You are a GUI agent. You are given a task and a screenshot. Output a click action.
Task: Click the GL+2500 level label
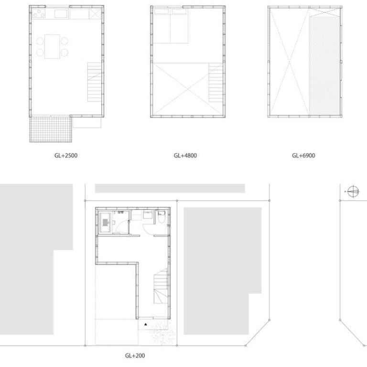[66, 156]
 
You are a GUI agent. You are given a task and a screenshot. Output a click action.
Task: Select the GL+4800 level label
[185, 156]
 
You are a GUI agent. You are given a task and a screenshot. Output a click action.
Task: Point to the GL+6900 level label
[303, 156]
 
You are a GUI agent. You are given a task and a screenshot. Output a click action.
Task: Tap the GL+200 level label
[135, 356]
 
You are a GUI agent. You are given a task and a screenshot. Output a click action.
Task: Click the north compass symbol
[353, 192]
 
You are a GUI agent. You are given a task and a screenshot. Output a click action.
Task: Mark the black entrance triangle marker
[146, 324]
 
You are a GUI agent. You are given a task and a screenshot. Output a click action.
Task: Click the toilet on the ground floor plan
[162, 217]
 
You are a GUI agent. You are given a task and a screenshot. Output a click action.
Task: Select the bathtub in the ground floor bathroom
[106, 222]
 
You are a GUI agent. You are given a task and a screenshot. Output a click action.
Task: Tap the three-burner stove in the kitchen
[39, 14]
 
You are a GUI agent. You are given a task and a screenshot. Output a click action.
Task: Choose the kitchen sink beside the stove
[61, 14]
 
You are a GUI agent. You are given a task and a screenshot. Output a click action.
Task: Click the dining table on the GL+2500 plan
[52, 46]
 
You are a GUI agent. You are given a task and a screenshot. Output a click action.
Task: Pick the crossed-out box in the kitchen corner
[95, 14]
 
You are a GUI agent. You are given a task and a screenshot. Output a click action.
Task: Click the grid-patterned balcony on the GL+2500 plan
[51, 129]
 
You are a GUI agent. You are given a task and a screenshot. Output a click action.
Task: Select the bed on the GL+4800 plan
[171, 26]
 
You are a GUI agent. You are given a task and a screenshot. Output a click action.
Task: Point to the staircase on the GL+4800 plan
[216, 82]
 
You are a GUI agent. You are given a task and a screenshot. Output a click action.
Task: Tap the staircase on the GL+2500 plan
[94, 82]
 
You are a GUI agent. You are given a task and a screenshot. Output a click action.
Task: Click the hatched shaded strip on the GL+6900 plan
[324, 65]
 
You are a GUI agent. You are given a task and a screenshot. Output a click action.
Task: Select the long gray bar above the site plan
[170, 188]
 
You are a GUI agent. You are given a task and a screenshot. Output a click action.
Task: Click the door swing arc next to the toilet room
[148, 229]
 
